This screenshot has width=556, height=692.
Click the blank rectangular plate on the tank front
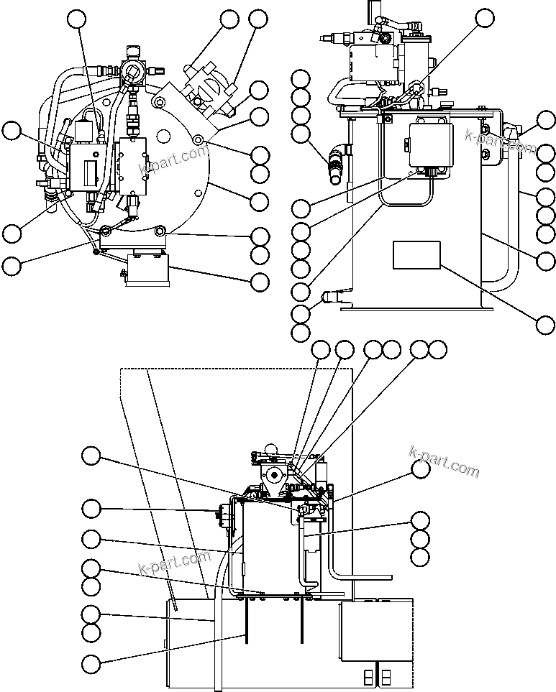pyautogui.click(x=416, y=255)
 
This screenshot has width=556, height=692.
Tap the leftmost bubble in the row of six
pyautogui.click(x=321, y=350)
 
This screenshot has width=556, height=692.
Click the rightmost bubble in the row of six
pyautogui.click(x=437, y=350)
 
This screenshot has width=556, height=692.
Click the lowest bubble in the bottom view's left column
pyautogui.click(x=91, y=664)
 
